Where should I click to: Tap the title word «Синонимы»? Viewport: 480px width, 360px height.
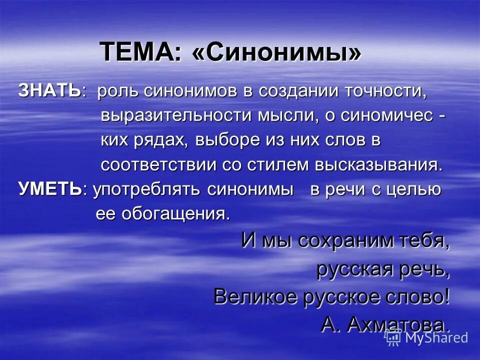(x=276, y=51)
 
